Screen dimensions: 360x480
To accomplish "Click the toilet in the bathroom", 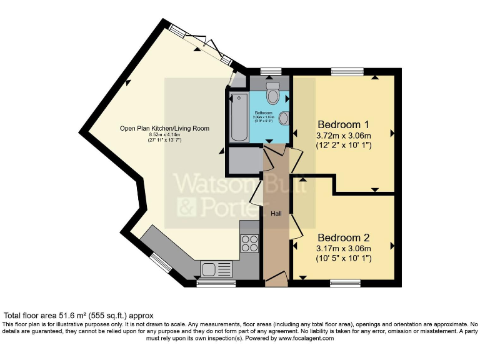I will point(272,94).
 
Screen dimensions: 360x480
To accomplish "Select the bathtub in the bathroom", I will point(239,117).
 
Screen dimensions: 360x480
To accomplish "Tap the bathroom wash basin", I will point(283,118).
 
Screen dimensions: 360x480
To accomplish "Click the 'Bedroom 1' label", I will point(344,123).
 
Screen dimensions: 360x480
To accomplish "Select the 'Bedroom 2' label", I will point(344,237).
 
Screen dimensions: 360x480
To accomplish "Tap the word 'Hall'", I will point(276,213).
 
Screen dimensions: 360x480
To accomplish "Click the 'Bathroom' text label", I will point(263,112).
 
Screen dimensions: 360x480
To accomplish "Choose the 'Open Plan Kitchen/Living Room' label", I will point(164,128).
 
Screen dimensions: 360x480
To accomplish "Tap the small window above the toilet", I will point(270,71).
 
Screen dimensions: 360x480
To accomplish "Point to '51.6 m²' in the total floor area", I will point(77,316).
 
